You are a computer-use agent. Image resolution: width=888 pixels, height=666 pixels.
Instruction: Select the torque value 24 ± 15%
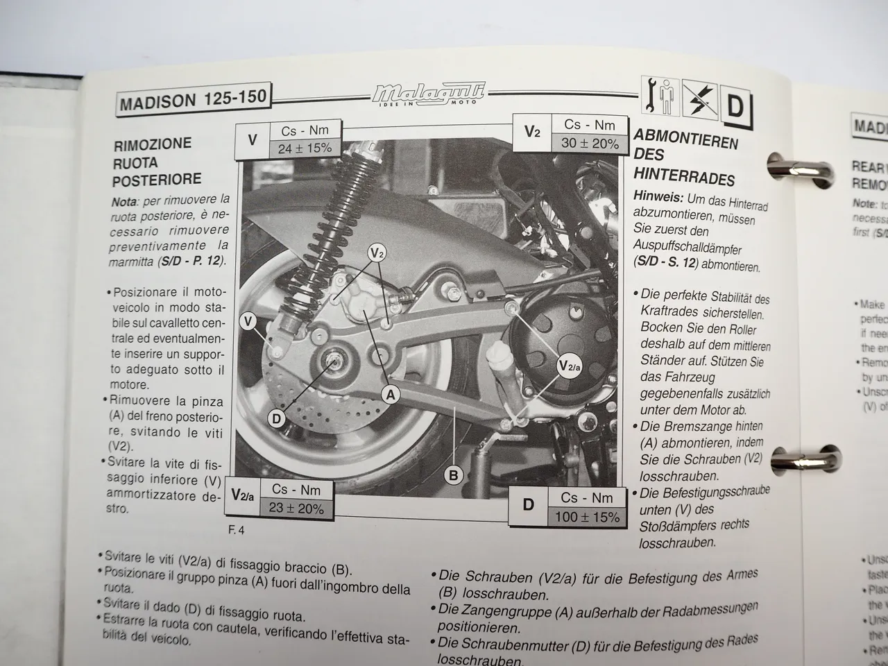[x=305, y=148]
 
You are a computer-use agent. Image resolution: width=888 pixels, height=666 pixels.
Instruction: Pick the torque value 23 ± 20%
[x=296, y=508]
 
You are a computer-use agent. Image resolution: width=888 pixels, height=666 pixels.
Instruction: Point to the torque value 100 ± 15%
[x=586, y=517]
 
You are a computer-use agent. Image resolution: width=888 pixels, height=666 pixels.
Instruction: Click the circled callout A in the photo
[x=391, y=395]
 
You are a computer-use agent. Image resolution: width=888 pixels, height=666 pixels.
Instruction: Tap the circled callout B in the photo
[x=454, y=475]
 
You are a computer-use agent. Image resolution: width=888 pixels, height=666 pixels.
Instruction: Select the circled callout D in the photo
[x=277, y=418]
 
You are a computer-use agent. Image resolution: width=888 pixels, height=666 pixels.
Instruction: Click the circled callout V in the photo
[x=249, y=321]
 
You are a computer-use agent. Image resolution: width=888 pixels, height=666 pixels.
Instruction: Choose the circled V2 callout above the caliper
[x=377, y=253]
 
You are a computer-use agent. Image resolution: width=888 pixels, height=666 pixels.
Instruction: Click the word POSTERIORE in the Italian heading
[x=157, y=180]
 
